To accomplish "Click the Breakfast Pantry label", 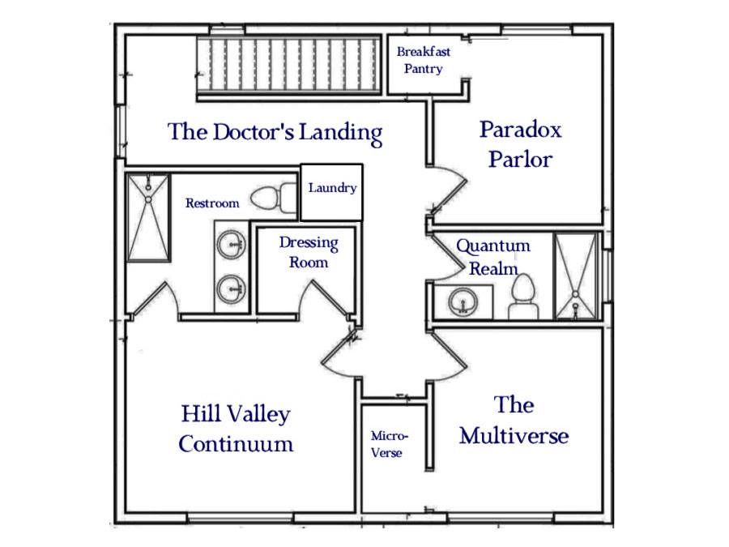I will click(x=424, y=61).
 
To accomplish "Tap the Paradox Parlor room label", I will click(x=519, y=143).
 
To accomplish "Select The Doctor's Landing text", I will click(x=275, y=131).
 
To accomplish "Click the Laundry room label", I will click(x=332, y=188).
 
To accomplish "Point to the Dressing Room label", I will click(x=309, y=252).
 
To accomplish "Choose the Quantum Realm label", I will click(x=492, y=256).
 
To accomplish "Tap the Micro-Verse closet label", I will click(x=389, y=444).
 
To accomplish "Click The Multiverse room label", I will click(x=514, y=420).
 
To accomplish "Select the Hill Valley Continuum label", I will click(x=236, y=429).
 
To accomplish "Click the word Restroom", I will click(x=212, y=203).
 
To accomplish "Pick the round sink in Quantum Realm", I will click(x=463, y=301).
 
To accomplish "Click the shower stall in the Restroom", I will click(x=147, y=217).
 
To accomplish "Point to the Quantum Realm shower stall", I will click(x=575, y=276).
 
